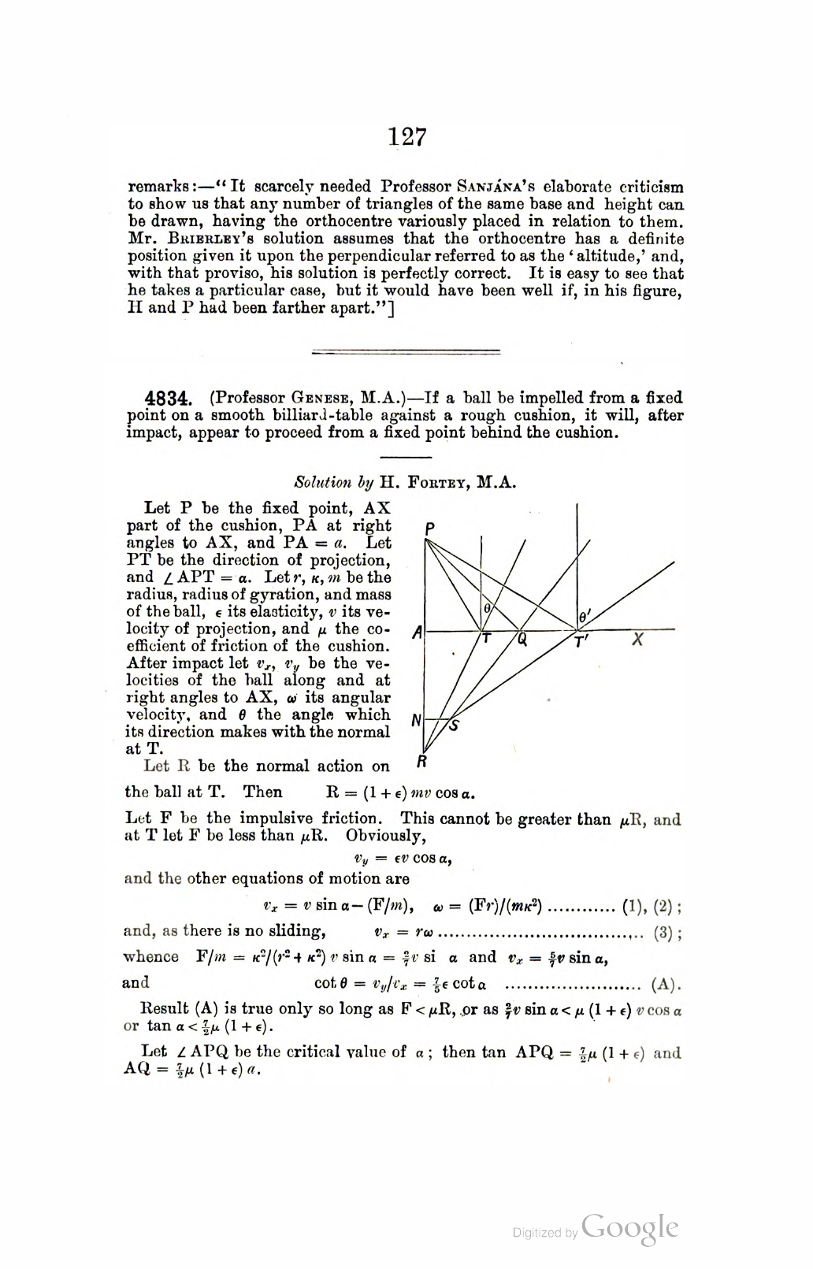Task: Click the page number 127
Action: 407,137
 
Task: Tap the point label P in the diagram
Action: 429,527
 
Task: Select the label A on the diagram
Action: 418,632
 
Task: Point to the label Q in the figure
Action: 522,640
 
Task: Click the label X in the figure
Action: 638,640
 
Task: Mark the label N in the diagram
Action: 417,719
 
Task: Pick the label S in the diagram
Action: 454,725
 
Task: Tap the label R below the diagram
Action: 422,762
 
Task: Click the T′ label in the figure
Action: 581,642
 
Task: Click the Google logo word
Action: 630,1228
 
